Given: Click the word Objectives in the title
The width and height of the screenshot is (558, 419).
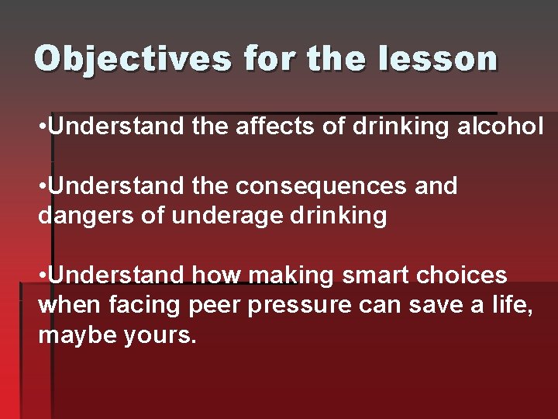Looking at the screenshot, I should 132,59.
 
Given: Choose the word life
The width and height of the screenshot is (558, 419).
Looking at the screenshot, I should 514,305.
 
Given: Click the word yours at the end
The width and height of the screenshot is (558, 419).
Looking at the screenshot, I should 162,335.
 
